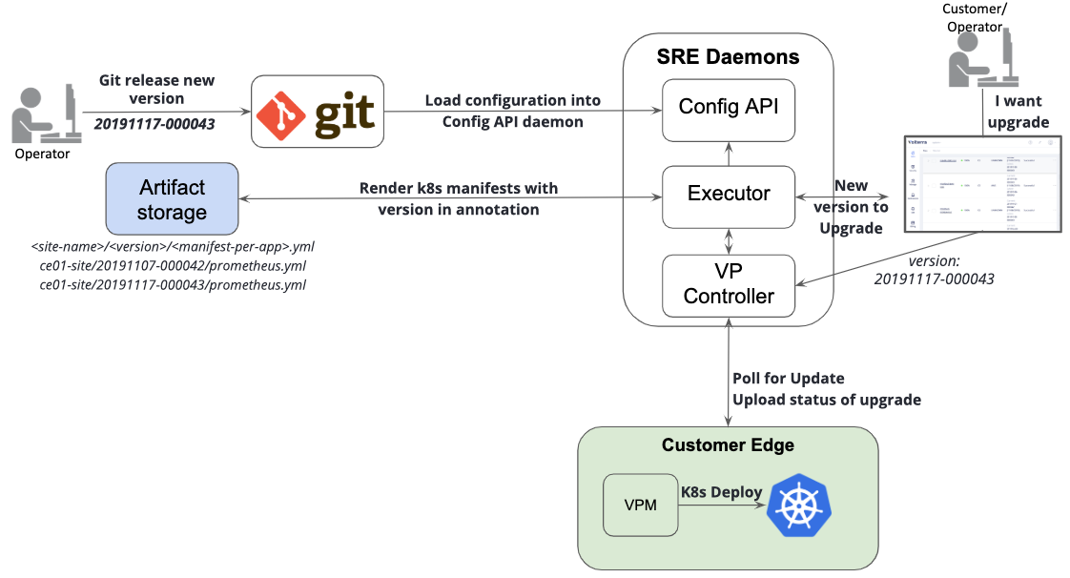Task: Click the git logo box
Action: point(317,112)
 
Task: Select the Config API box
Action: point(729,106)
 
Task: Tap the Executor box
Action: point(729,195)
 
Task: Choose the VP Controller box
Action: point(729,284)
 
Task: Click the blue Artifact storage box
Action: point(173,198)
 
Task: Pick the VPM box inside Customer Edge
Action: point(639,505)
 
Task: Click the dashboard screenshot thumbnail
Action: point(982,183)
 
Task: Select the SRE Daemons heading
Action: point(729,56)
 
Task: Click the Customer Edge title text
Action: point(728,445)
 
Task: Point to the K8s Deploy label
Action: point(721,492)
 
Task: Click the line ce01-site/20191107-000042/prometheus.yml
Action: point(173,266)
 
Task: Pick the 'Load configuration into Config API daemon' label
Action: point(512,111)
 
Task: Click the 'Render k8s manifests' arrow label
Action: point(458,198)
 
